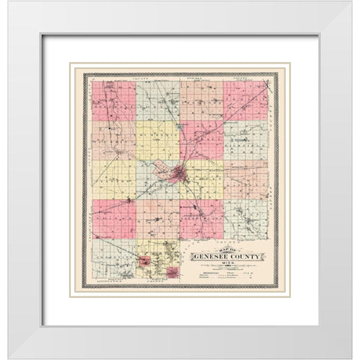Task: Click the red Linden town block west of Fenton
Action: tap(142, 262)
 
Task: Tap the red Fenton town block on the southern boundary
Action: tap(174, 272)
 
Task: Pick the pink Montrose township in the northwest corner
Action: tap(114, 100)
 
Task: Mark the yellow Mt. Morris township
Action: tap(157, 141)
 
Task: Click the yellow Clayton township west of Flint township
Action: tap(114, 178)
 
